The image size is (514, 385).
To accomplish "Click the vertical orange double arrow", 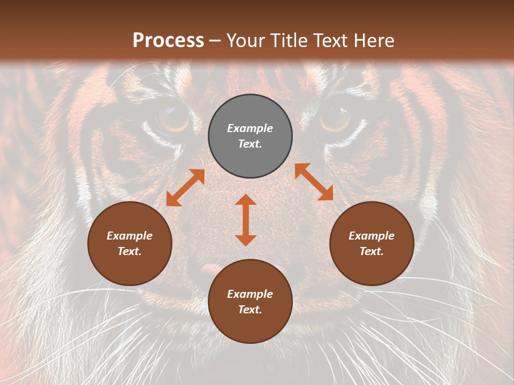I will point(246,220).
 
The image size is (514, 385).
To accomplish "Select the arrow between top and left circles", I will point(185,188).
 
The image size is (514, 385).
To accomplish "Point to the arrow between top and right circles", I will point(314,182).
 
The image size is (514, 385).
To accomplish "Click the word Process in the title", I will point(168,40).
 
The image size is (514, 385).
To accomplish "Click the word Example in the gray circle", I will point(250,128).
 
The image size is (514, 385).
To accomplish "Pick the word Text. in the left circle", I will point(130,251).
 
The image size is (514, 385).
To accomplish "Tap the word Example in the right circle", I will point(372,236).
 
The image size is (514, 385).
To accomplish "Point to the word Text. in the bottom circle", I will point(250,310).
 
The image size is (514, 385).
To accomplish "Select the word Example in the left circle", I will point(130,236).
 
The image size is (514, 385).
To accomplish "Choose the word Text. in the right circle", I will point(372,251).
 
